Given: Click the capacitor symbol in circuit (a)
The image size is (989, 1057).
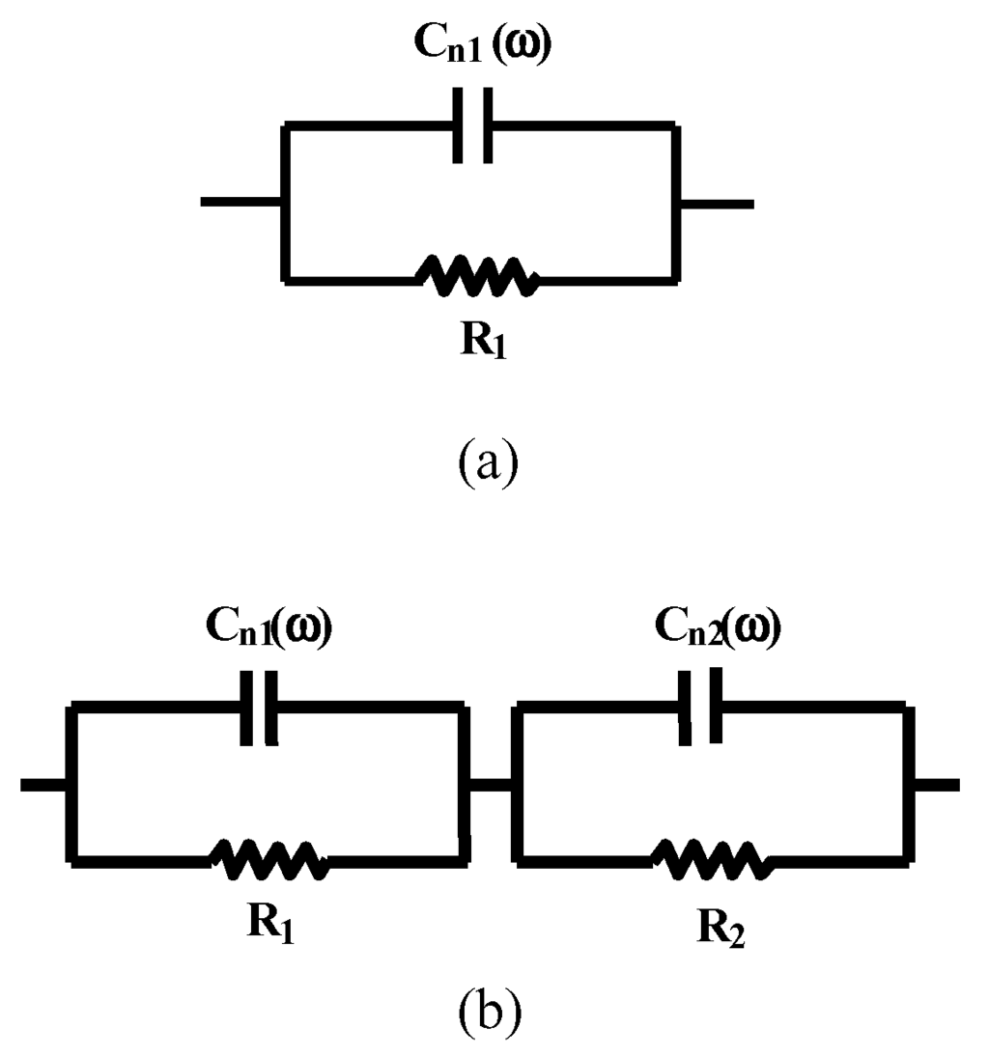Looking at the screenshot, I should pos(473,125).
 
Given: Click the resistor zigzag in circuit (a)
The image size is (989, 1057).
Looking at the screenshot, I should pos(477,277).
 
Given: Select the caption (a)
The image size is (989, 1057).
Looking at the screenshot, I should pos(489,460).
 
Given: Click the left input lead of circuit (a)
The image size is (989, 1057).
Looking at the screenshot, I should pos(240,202).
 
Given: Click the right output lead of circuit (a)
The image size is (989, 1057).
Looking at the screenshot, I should pos(716,203).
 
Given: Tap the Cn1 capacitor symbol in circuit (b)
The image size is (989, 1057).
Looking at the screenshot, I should pos(258,709).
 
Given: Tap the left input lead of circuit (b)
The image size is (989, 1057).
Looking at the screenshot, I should pos(44,785).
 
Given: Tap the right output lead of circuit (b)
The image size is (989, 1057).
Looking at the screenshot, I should pos(936,785).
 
